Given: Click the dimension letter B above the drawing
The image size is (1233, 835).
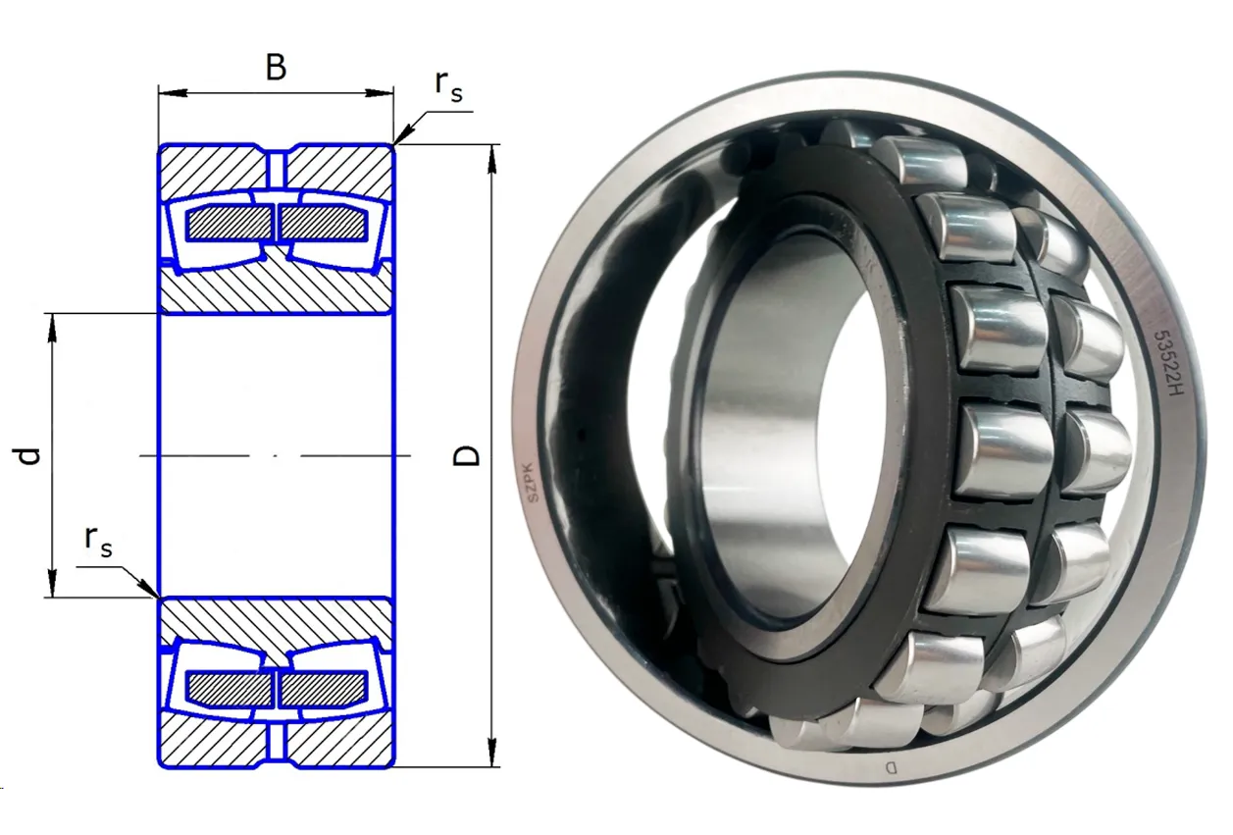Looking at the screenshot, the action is [x=277, y=67].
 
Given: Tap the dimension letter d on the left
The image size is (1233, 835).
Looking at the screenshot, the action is [x=26, y=456].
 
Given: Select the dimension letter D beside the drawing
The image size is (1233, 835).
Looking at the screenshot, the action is [x=466, y=456].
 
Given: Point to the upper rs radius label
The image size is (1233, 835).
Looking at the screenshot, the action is [x=448, y=86].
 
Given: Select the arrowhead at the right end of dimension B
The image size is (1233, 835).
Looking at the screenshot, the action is [x=380, y=93].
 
